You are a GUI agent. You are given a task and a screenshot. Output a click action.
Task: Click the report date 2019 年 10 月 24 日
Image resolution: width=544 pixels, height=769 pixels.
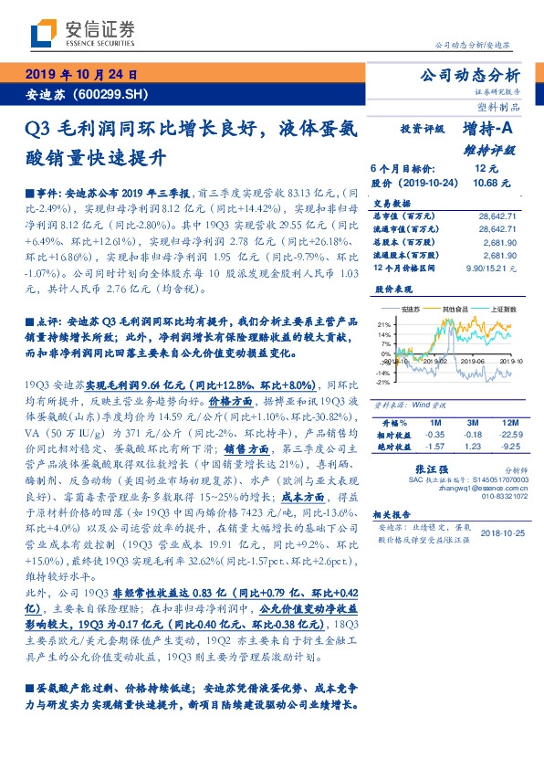coord(79,76)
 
